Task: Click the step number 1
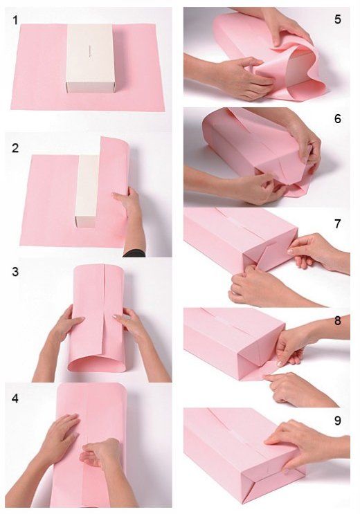(15, 20)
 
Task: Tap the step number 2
(15, 148)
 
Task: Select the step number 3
(15, 272)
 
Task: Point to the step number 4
(15, 398)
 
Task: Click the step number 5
(338, 19)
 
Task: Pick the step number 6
(338, 118)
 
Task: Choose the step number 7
(338, 224)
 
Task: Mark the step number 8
(338, 321)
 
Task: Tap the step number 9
(338, 421)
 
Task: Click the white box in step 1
(90, 58)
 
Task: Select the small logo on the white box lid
(89, 52)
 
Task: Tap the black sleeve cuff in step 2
(134, 253)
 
